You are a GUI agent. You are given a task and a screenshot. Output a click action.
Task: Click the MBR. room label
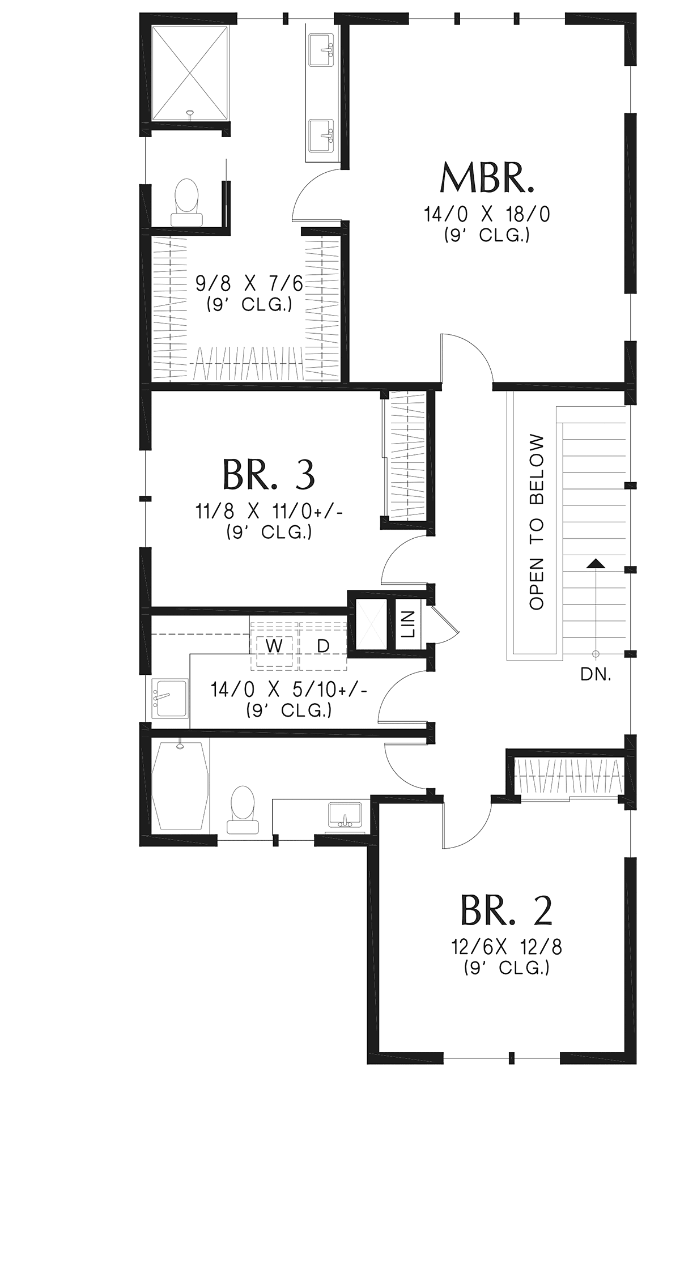487,178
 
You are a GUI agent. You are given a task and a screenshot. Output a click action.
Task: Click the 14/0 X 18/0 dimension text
487,215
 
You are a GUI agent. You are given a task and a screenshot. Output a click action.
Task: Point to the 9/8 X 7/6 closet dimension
249,283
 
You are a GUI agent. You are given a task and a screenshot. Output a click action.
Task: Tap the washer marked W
275,646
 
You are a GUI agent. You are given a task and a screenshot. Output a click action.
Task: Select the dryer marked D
323,646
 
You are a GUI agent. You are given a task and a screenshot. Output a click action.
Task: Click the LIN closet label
409,623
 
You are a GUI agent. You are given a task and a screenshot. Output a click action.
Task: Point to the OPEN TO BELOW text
536,522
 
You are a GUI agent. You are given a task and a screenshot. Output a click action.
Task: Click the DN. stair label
596,675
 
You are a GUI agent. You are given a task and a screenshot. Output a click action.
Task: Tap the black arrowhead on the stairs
594,563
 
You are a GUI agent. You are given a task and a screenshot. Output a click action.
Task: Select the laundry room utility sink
169,697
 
